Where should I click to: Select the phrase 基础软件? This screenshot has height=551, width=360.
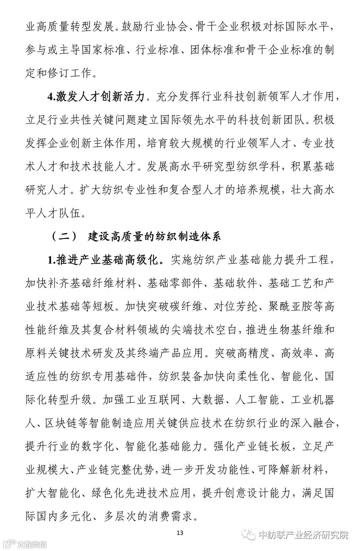pyautogui.click(x=235, y=283)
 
